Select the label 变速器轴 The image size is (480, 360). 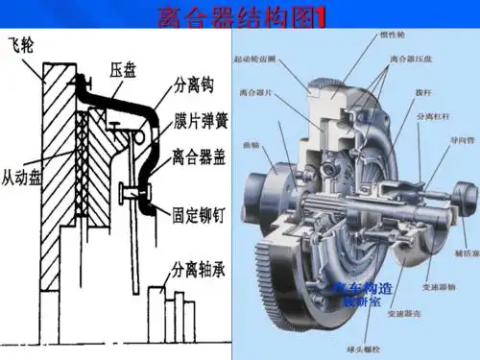click(438, 286)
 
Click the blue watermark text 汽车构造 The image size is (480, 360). click(363, 287)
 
